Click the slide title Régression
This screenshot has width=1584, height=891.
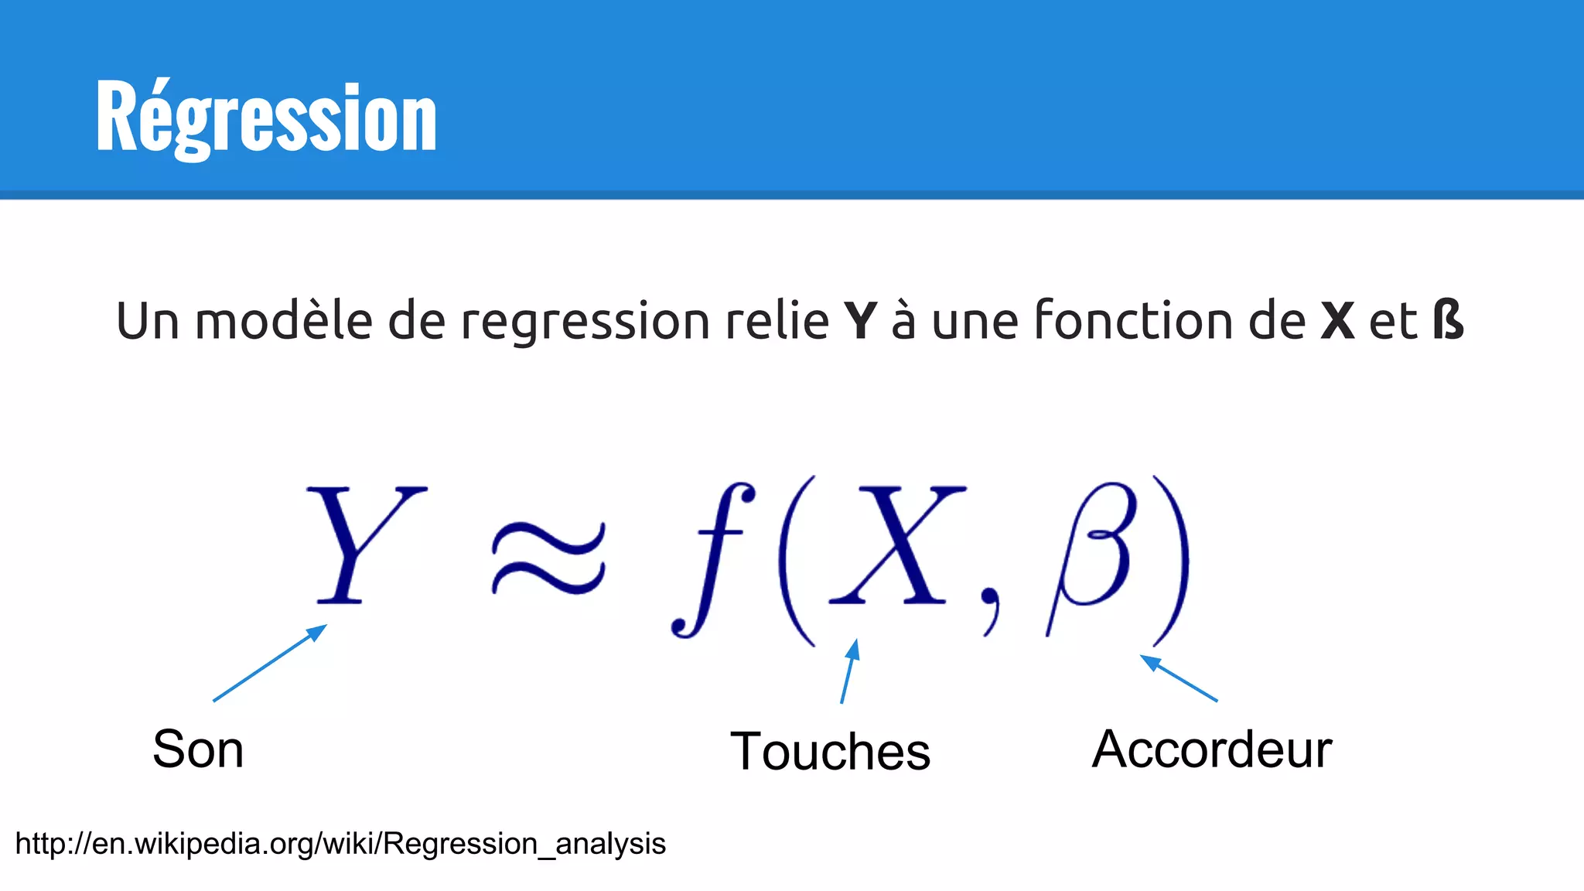tap(266, 118)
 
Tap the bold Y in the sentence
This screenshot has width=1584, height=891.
tap(860, 320)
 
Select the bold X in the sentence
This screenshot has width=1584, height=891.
tap(1337, 320)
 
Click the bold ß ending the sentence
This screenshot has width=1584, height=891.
tap(1448, 320)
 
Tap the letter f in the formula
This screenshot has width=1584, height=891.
tap(712, 558)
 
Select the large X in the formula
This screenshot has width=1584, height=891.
tap(897, 544)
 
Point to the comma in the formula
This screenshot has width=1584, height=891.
tap(991, 606)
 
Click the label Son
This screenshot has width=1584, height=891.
tap(198, 749)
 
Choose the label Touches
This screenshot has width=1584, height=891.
tap(830, 751)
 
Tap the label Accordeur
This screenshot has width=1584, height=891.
tap(1211, 749)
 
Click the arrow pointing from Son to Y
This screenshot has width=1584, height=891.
tap(269, 663)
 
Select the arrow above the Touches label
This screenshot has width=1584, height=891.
tap(849, 671)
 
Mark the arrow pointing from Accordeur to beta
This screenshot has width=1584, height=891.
tap(1179, 678)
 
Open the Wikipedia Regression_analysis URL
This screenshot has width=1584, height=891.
tap(340, 843)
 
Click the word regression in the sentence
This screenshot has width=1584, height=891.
tap(585, 320)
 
